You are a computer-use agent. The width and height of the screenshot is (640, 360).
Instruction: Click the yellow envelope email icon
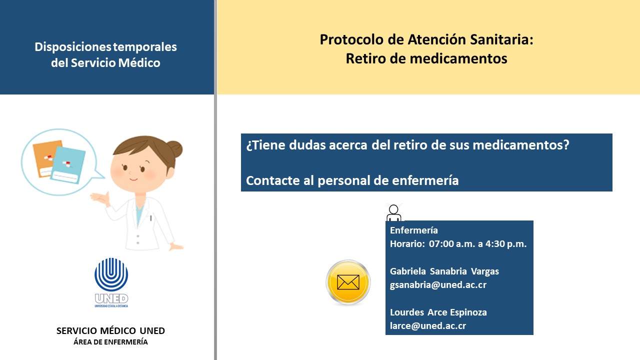348,282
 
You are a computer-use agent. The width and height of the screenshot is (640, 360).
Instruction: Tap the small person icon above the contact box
393,213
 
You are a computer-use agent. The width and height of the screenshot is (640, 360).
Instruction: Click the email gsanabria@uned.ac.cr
438,285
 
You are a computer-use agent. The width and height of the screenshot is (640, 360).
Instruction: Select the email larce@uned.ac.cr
428,326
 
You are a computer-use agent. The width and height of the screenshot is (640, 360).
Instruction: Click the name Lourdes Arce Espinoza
438,312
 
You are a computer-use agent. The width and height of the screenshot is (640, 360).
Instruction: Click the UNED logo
111,282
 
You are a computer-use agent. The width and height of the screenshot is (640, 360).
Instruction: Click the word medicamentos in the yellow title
458,59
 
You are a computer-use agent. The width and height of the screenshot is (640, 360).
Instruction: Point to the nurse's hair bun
174,149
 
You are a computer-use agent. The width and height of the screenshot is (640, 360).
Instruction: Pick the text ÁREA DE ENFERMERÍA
110,342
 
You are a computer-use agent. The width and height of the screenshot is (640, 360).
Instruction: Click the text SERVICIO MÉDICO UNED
110,331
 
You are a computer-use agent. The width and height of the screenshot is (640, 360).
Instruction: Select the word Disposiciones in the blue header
73,47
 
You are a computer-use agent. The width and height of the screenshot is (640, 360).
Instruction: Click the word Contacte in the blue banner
272,181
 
